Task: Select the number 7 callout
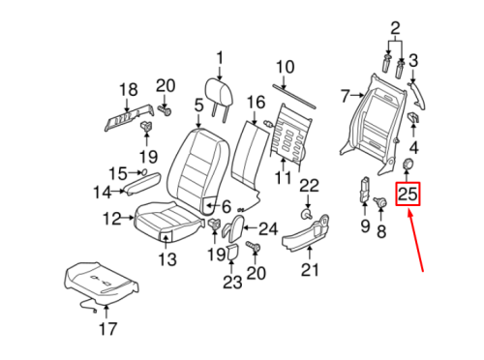point(344,95)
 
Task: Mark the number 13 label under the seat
point(168,258)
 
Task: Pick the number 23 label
point(230,283)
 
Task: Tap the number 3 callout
point(413,61)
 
